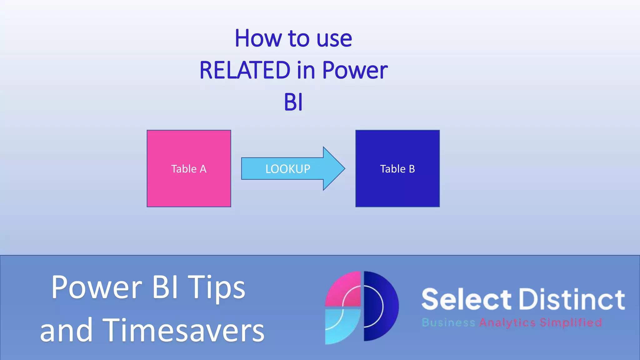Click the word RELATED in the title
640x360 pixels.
(x=245, y=70)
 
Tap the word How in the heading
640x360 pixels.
(x=258, y=38)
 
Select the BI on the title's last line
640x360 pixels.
(x=293, y=102)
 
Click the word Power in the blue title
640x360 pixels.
(x=355, y=70)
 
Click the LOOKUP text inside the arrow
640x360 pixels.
(x=287, y=169)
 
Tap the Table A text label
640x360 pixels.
(x=189, y=169)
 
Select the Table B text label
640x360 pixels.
(x=397, y=169)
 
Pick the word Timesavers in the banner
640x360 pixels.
(x=183, y=330)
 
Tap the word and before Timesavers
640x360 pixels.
(x=66, y=330)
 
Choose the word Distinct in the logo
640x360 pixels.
(x=572, y=299)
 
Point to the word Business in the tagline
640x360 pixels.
(x=448, y=322)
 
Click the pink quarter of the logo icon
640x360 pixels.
(x=344, y=289)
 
